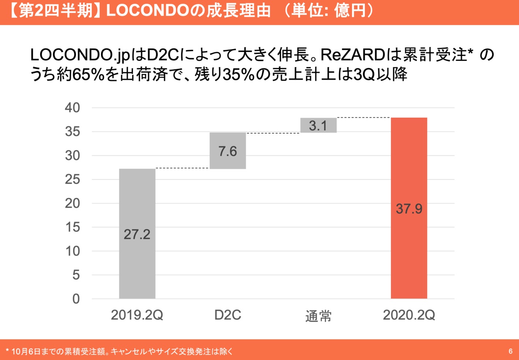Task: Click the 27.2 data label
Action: (137, 234)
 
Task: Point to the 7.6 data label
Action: (227, 151)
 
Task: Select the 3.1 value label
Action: (318, 126)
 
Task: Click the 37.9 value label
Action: (409, 209)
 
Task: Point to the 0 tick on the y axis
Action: (76, 299)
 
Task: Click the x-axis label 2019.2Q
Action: (137, 315)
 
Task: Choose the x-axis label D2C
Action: (227, 315)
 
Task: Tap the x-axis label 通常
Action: (318, 316)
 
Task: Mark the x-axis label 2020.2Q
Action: (409, 315)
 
